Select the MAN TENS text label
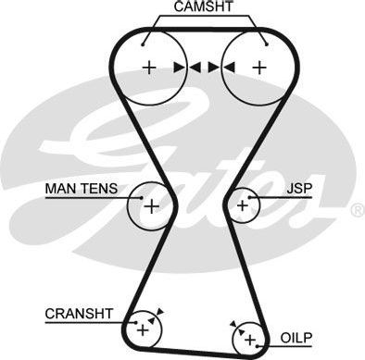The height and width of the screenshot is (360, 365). [x=82, y=189]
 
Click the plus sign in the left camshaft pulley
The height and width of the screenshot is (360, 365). [x=148, y=67]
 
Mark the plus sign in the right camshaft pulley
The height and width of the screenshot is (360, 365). [x=260, y=67]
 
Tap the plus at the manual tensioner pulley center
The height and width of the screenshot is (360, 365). [x=148, y=205]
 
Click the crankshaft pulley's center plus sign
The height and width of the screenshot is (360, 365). [x=142, y=328]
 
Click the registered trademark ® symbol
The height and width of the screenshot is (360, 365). [x=358, y=211]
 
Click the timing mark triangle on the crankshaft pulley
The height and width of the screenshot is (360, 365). [x=158, y=313]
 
